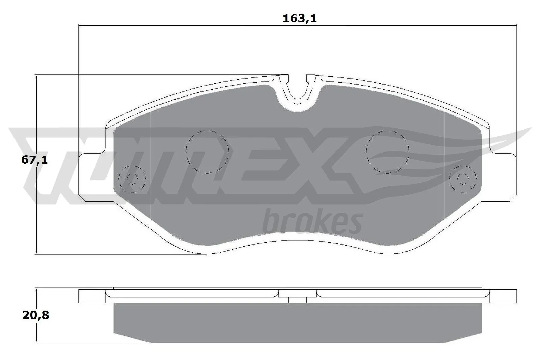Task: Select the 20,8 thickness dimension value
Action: coord(36,315)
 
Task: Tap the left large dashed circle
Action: coord(208,151)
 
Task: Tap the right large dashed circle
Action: coord(388,151)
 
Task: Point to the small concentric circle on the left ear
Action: coord(132,178)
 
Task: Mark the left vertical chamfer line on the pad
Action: coord(151,165)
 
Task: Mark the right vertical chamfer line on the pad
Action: coord(443,165)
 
